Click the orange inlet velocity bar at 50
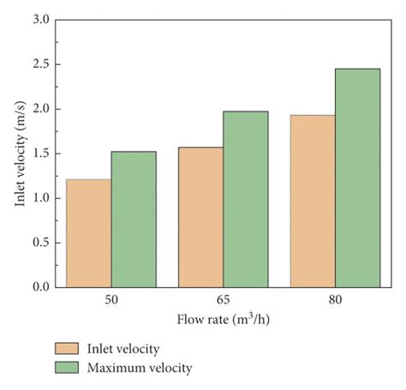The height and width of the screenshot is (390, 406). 88,233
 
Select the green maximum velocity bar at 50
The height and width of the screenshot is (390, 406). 134,219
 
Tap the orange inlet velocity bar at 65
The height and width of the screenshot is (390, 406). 200,217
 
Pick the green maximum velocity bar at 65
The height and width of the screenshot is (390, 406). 245,199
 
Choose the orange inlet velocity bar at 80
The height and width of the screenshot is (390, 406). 312,201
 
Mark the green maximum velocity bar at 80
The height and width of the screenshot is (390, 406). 357,177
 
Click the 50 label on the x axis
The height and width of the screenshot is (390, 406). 110,303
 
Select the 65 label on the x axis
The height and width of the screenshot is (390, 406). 223,303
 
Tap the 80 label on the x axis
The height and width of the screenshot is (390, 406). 334,303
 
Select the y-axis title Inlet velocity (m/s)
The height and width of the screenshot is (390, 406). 18,153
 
